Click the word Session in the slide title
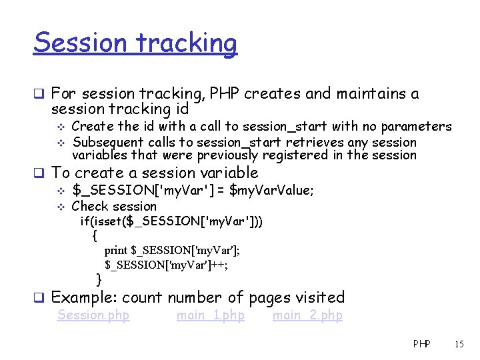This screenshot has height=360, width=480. (81, 43)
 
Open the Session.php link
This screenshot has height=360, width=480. (93, 315)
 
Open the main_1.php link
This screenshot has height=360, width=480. (210, 315)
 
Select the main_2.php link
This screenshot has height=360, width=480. (307, 315)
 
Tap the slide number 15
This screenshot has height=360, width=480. (459, 344)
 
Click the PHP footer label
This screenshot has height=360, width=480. (421, 344)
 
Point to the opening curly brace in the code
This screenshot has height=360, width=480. (96, 236)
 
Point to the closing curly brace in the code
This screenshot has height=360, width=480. (99, 279)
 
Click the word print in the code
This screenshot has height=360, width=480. (115, 251)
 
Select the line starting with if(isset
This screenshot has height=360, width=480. (171, 221)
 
